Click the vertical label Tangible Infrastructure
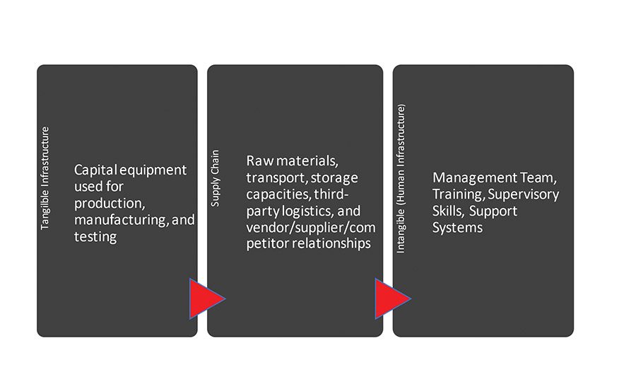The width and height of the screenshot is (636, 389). pos(45,178)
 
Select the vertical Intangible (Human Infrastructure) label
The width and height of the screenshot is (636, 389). pos(401,180)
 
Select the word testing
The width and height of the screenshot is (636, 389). pos(95,237)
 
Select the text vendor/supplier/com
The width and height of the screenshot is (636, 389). pos(310,228)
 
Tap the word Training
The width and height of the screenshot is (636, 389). pos(456,194)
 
